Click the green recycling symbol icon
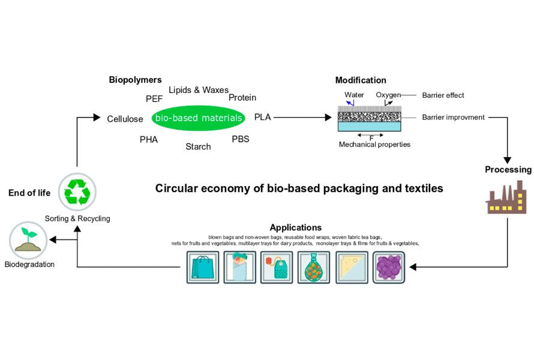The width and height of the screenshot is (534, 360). pyautogui.click(x=77, y=192)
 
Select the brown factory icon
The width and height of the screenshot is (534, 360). pyautogui.click(x=506, y=196)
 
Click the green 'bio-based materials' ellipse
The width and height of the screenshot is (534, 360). pyautogui.click(x=199, y=118)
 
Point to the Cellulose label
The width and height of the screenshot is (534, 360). pyautogui.click(x=125, y=119)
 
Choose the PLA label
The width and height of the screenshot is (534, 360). pyautogui.click(x=262, y=116)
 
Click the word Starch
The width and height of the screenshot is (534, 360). pyautogui.click(x=198, y=146)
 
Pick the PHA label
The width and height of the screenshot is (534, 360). pyautogui.click(x=149, y=139)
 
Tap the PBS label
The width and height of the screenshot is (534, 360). pyautogui.click(x=240, y=139)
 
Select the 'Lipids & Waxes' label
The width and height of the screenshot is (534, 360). pyautogui.click(x=198, y=90)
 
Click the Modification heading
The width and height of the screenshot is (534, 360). pyautogui.click(x=361, y=80)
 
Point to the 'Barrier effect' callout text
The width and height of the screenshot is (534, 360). pyautogui.click(x=443, y=95)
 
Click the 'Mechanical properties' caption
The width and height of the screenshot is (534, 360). pyautogui.click(x=374, y=145)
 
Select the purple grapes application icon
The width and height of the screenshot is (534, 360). pyautogui.click(x=388, y=267)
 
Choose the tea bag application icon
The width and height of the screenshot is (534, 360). pyautogui.click(x=276, y=267)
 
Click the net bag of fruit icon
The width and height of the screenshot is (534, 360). pyautogui.click(x=314, y=267)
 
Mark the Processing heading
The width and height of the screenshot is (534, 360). pyautogui.click(x=508, y=169)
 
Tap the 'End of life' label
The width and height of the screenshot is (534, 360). pyautogui.click(x=29, y=193)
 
